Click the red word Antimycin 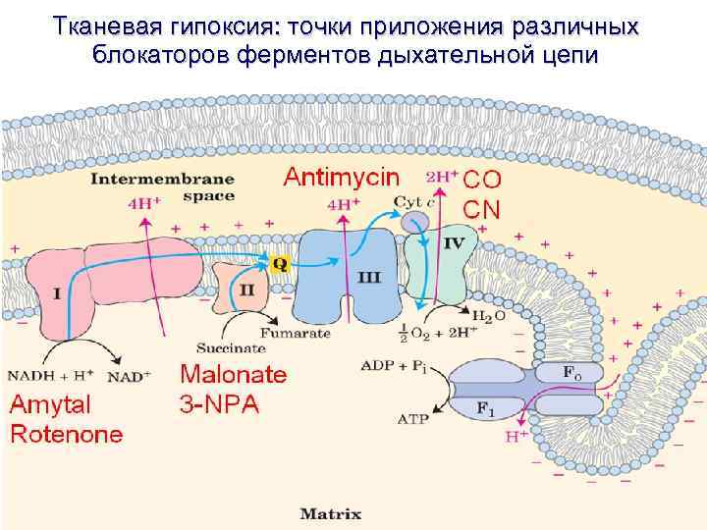pyautogui.click(x=342, y=178)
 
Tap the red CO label pyautogui.click(x=482, y=181)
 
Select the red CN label pyautogui.click(x=482, y=209)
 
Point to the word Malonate pyautogui.click(x=234, y=375)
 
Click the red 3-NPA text pyautogui.click(x=218, y=403)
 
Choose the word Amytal pyautogui.click(x=50, y=404)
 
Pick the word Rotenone pyautogui.click(x=67, y=434)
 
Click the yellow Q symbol pyautogui.click(x=280, y=264)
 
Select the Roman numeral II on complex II pyautogui.click(x=247, y=290)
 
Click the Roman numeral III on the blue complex pyautogui.click(x=370, y=278)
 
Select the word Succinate pyautogui.click(x=231, y=347)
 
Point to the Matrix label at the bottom pyautogui.click(x=331, y=513)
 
